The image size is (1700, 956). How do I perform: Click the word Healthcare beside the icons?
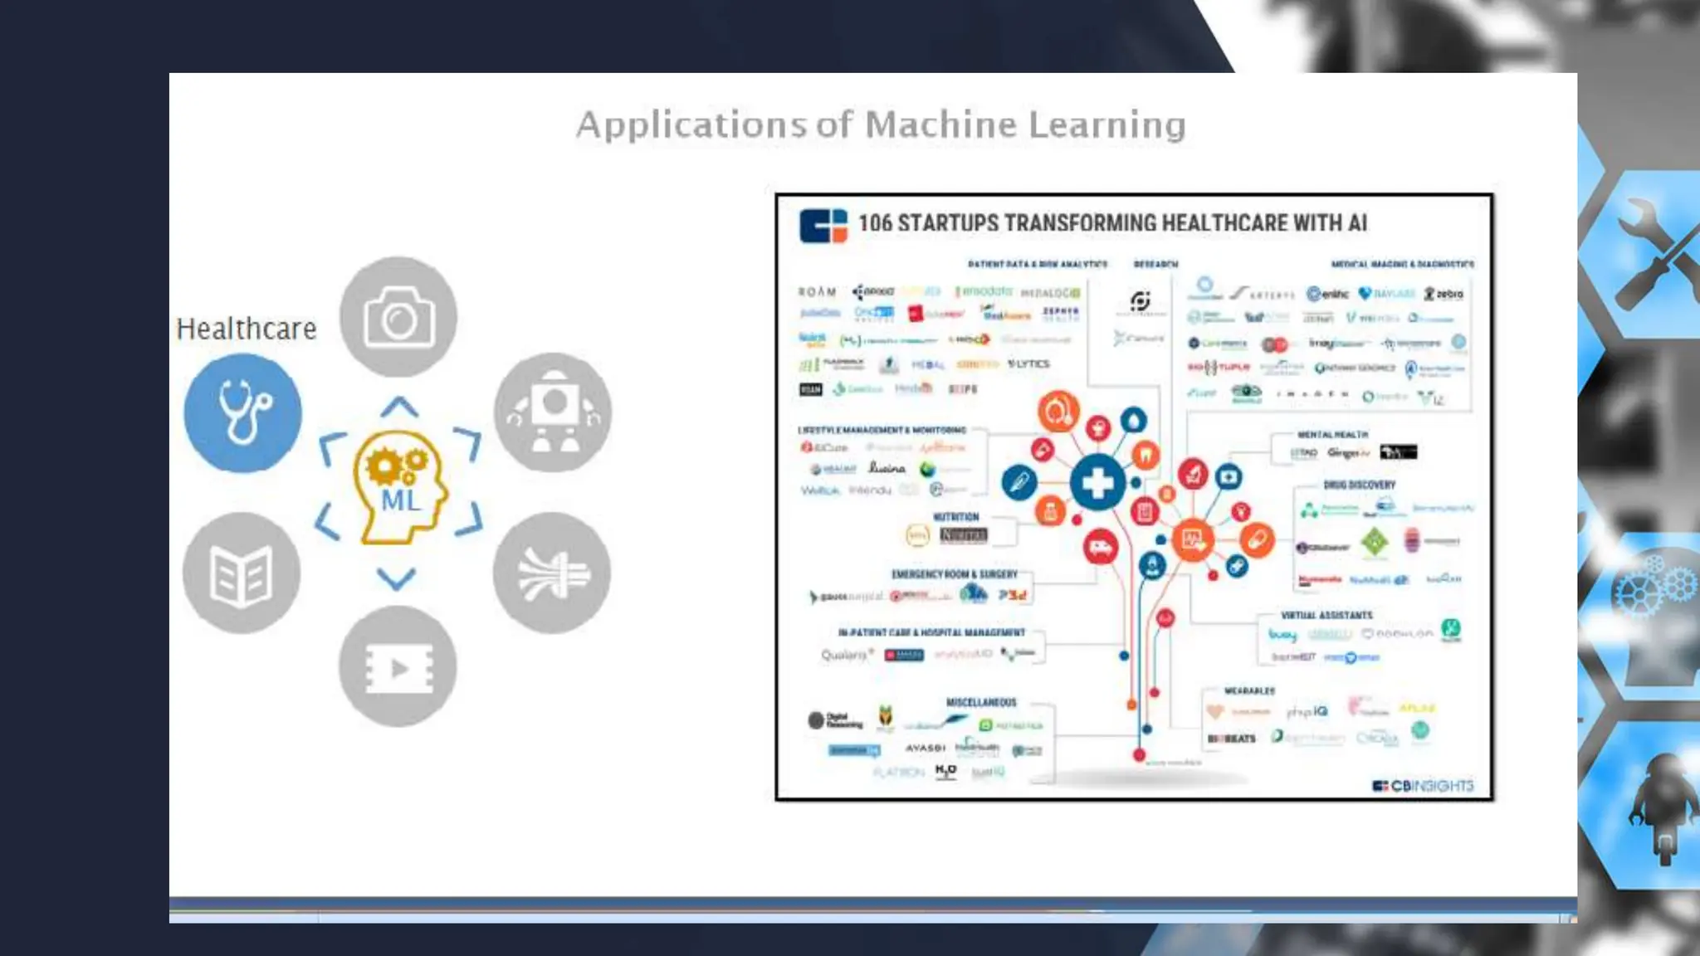(247, 329)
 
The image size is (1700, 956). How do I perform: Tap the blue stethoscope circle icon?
(242, 412)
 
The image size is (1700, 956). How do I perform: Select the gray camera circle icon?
(398, 316)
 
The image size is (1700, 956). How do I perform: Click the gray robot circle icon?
(553, 412)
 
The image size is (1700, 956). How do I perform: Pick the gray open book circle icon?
(242, 573)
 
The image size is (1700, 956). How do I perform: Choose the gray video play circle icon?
(398, 666)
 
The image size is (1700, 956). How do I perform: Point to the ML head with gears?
(401, 486)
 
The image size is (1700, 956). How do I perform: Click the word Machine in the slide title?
(940, 125)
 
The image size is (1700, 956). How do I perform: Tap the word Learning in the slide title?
(1107, 125)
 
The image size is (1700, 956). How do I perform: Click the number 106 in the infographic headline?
(875, 223)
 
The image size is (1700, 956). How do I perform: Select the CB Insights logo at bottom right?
(1423, 785)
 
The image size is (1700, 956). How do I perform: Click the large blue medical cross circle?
(1097, 483)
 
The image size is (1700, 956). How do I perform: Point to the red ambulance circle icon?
(1101, 548)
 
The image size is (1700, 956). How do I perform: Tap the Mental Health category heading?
(1332, 434)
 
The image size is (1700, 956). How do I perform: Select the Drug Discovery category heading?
(1359, 485)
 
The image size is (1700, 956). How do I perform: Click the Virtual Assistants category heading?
(1326, 615)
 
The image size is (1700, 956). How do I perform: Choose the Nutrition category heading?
(956, 516)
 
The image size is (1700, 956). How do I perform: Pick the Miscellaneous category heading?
(981, 702)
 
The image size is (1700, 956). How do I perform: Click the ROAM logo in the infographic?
(817, 292)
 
